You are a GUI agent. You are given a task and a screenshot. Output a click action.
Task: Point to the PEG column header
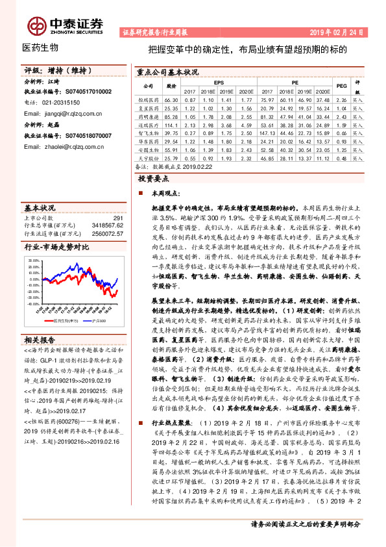341,85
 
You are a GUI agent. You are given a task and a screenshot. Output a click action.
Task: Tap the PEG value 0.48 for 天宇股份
341,159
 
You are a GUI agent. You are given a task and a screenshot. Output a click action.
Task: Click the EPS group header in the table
219,82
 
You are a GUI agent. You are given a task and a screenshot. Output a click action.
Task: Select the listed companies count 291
117,218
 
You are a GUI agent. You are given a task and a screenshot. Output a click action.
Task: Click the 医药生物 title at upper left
40,47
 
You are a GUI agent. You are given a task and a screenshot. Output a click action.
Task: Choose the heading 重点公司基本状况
167,73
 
